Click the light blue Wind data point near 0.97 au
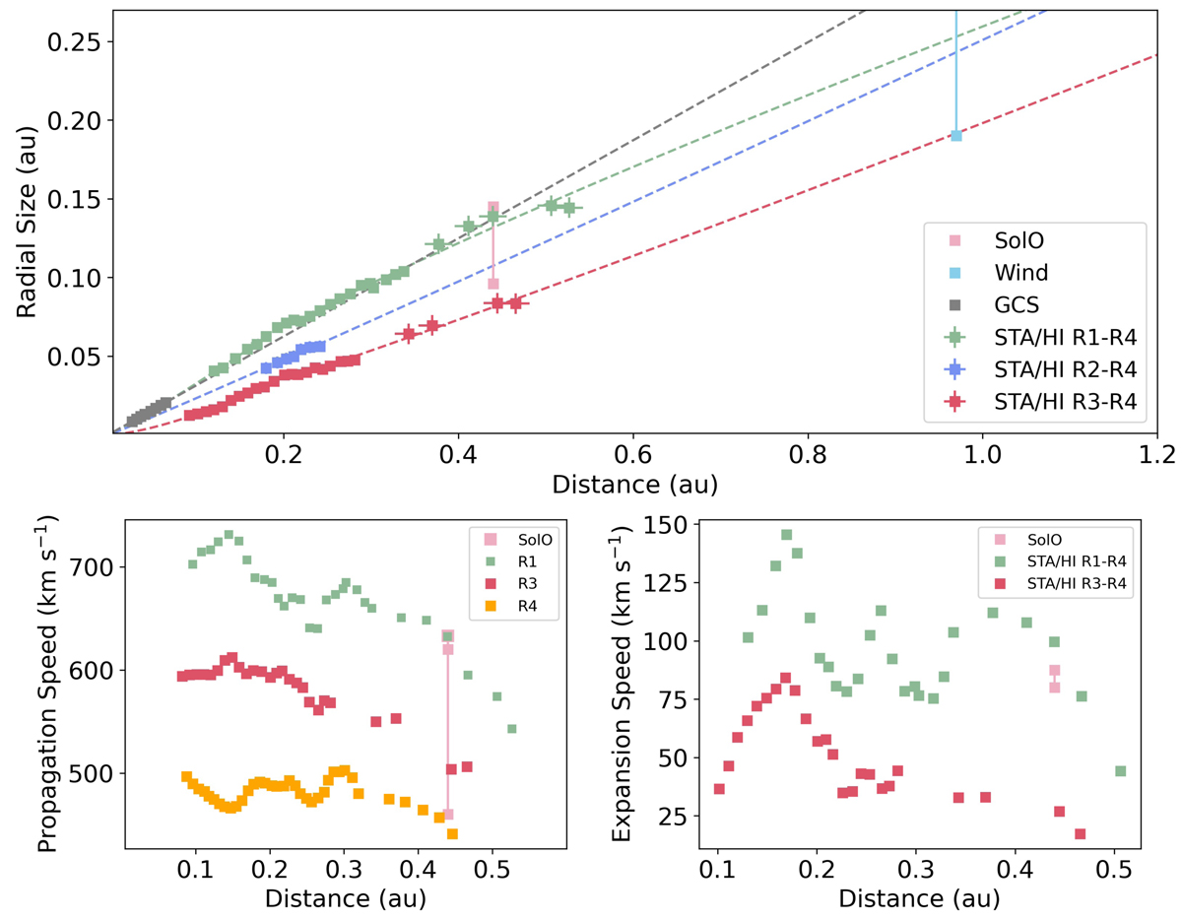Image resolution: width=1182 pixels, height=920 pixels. point(955,136)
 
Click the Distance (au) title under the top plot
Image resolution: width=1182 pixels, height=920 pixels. point(633,486)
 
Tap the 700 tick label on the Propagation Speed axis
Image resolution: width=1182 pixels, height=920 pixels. point(94,567)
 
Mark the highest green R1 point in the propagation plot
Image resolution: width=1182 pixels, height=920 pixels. point(229,535)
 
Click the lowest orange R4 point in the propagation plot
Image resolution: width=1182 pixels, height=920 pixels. point(453,833)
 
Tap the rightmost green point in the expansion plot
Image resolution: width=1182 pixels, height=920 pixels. point(1120,770)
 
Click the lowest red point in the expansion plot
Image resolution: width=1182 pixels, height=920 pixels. point(1080,834)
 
